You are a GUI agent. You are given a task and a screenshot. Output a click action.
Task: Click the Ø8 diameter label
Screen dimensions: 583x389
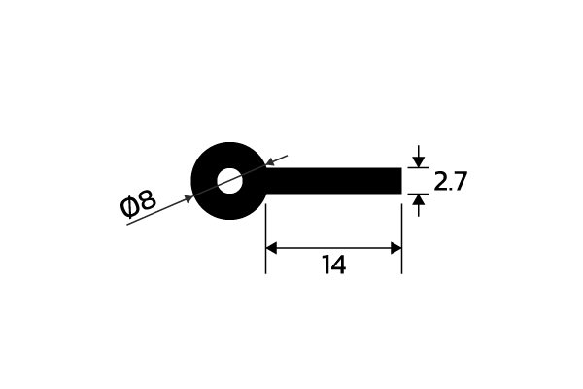[138, 203]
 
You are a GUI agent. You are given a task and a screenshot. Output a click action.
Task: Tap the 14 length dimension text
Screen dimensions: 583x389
[334, 265]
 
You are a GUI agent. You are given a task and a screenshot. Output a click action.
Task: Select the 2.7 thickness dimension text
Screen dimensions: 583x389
[450, 182]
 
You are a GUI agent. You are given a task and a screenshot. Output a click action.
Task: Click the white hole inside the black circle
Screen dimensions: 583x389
[229, 181]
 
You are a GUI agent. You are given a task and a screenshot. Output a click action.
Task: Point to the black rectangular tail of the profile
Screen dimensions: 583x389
[333, 181]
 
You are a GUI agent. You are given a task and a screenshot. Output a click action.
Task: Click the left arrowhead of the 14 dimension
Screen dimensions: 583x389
[271, 248]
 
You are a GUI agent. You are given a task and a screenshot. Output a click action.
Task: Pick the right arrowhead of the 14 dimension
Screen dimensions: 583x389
[396, 248]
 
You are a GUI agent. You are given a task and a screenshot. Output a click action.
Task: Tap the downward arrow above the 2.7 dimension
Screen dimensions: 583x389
[419, 157]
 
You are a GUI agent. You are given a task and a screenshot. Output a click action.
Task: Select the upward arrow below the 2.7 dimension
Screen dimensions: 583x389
[419, 205]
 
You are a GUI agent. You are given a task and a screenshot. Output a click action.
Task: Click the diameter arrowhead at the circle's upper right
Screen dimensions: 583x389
[271, 161]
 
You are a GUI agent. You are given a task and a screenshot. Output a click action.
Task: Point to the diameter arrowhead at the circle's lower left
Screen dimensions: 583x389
[189, 199]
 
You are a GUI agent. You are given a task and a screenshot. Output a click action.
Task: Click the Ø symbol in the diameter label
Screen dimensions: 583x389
[129, 207]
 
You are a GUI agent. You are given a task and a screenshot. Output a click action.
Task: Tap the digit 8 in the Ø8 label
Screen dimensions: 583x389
[148, 199]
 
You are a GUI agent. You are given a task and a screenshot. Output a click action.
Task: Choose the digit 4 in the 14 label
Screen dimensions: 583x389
[339, 265]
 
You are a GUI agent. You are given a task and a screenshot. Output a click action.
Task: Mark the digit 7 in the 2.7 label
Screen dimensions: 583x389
[460, 182]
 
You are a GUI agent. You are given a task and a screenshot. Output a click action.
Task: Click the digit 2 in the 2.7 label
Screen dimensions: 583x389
[440, 182]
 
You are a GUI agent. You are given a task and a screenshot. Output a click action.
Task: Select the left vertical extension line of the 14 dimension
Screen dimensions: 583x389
[265, 238]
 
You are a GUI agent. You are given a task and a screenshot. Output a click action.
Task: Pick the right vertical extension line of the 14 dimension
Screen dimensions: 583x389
[402, 238]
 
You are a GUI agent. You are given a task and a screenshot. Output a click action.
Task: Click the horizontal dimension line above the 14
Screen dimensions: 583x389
[334, 248]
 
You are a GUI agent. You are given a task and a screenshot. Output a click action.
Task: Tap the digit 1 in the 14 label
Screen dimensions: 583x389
[326, 265]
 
